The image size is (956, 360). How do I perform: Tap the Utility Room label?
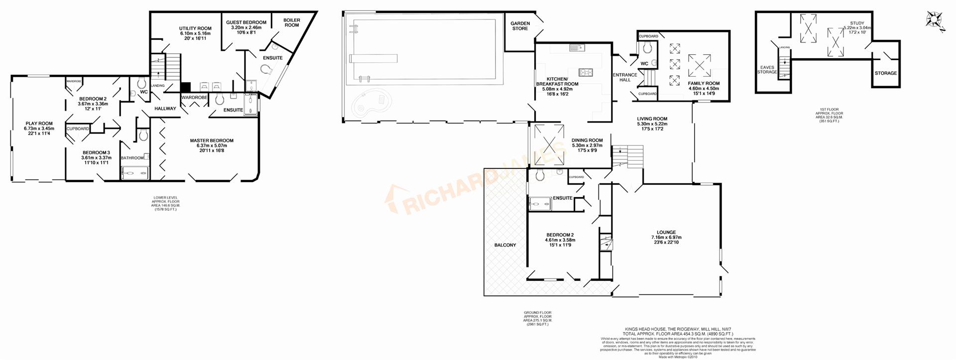coord(195,28)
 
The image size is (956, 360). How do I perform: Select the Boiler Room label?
coord(292,22)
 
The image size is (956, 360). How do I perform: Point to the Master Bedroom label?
coord(212,140)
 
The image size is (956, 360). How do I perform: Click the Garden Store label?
coord(520,26)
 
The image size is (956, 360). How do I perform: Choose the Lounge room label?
coord(666,232)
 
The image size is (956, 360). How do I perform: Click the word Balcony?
coord(505,245)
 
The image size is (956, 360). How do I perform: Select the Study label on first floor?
coord(857,23)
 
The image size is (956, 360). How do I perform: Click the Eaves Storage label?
coord(767,70)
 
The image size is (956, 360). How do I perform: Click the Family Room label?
coord(704,84)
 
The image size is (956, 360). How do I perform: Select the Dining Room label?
coord(587,140)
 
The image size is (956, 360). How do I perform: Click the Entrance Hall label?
coord(625,77)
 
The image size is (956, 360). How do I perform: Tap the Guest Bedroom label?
coord(246,22)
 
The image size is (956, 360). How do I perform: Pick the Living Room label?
coord(652,119)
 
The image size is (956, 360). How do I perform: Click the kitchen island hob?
coord(586,72)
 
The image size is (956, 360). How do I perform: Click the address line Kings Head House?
coord(678,329)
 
